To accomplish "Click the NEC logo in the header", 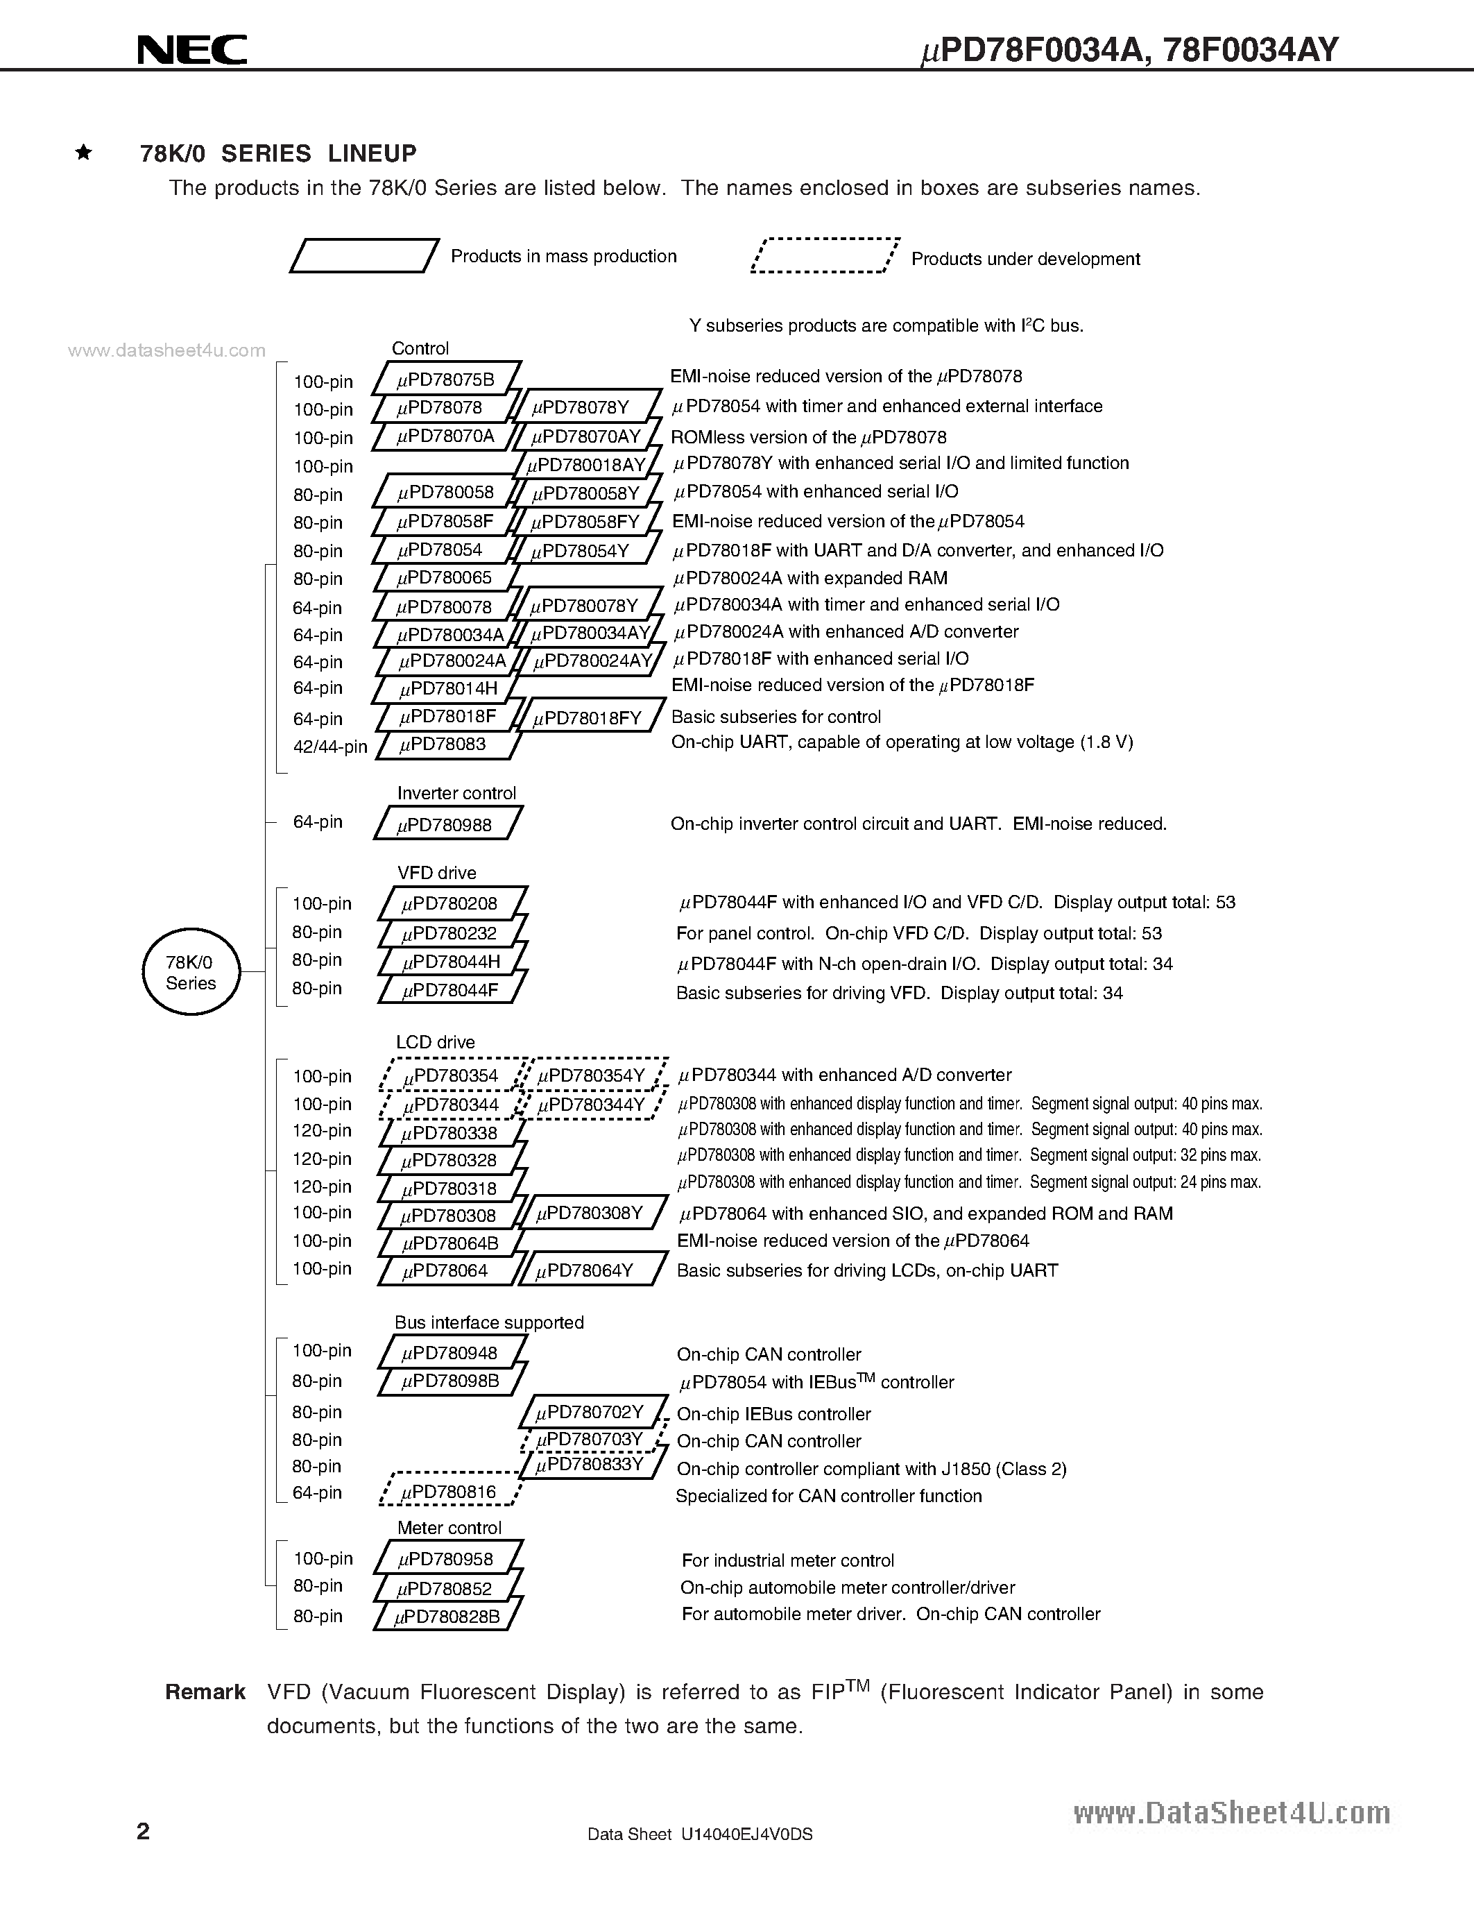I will point(192,49).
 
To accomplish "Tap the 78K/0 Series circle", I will point(190,972).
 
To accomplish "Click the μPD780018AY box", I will point(586,465).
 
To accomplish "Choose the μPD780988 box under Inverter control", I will point(447,824).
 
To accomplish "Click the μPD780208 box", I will point(452,903).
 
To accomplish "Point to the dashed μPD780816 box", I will point(449,1493).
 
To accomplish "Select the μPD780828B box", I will point(447,1616).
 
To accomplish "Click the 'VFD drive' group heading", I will point(436,873).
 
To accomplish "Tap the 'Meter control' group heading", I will point(449,1528).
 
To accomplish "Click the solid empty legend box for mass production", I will point(363,256).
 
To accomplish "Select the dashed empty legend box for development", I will point(824,256).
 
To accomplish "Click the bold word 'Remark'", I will point(205,1692).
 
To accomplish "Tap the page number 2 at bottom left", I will point(143,1830).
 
